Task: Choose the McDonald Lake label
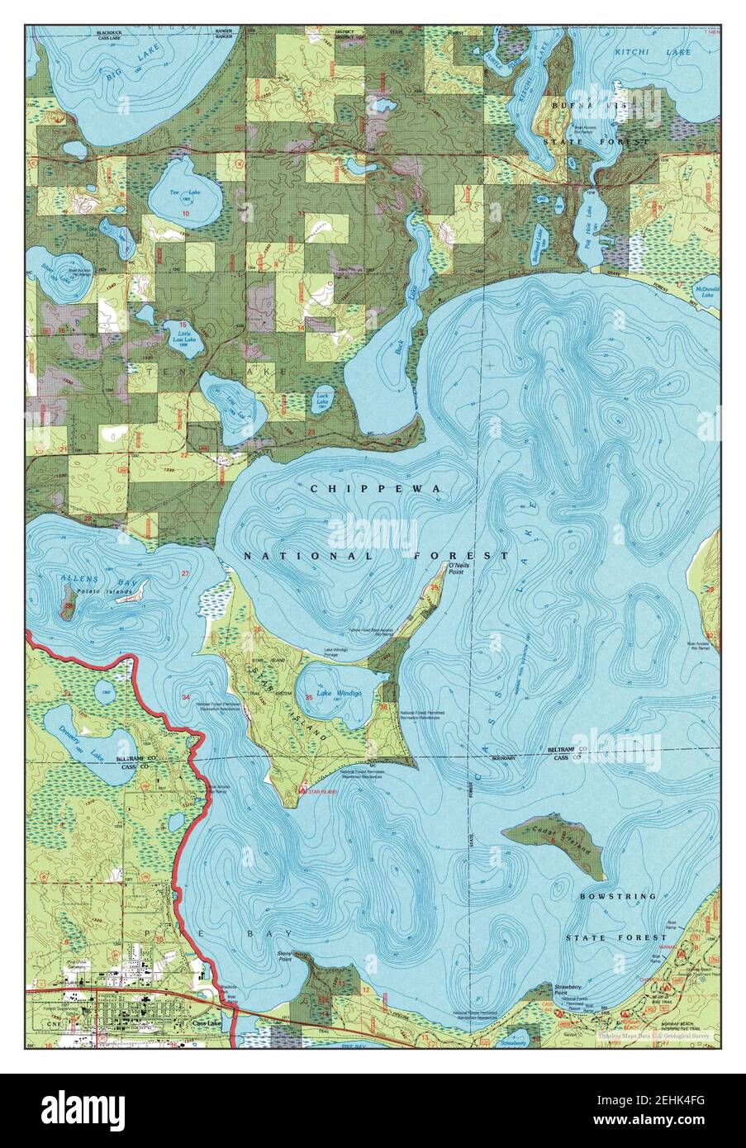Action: [x=707, y=292]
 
